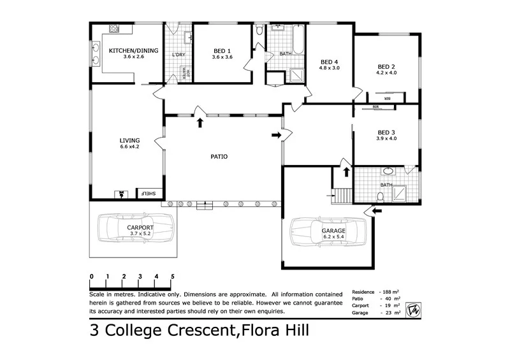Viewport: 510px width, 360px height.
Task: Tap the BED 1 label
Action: [x=222, y=50]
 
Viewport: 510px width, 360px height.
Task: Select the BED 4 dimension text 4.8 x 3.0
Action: [x=330, y=68]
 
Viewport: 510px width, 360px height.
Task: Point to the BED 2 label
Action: [x=386, y=66]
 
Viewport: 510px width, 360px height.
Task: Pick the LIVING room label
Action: [x=129, y=140]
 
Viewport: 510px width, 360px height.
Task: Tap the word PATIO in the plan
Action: [x=219, y=156]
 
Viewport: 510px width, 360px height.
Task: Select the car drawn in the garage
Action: [x=329, y=233]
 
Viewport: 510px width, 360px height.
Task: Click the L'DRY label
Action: [x=178, y=55]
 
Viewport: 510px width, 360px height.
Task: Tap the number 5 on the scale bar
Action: [x=173, y=276]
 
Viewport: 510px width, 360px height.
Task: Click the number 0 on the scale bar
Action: [x=92, y=276]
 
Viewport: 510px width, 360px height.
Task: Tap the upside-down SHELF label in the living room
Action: [x=148, y=194]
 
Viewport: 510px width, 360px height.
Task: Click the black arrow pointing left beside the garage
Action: [x=377, y=210]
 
